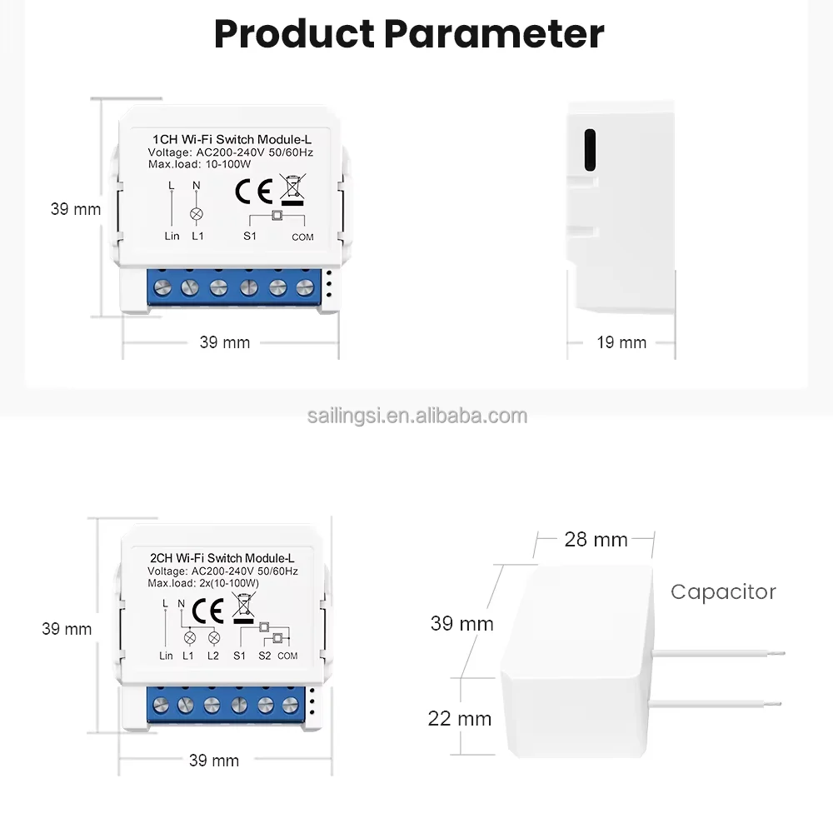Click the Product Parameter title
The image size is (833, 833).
pyautogui.click(x=409, y=34)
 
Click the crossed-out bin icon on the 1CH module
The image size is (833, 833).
pyautogui.click(x=292, y=189)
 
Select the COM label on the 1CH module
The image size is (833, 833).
pyautogui.click(x=302, y=237)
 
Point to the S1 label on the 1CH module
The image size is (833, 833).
pyautogui.click(x=249, y=237)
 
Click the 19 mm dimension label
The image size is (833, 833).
pyautogui.click(x=621, y=342)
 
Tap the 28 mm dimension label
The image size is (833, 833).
pyautogui.click(x=596, y=539)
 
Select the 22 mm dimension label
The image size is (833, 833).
pyautogui.click(x=460, y=718)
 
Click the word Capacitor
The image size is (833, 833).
pyautogui.click(x=723, y=591)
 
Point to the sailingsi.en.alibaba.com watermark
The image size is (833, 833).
pyautogui.click(x=416, y=416)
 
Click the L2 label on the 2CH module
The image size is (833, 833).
pyautogui.click(x=213, y=656)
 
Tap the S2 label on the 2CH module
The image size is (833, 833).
pyautogui.click(x=264, y=656)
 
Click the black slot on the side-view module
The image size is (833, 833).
pyautogui.click(x=590, y=150)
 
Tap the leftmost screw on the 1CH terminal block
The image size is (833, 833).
pyautogui.click(x=163, y=288)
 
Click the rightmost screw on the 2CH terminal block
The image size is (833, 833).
pyautogui.click(x=289, y=705)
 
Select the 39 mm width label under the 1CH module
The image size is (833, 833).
pyautogui.click(x=224, y=342)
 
